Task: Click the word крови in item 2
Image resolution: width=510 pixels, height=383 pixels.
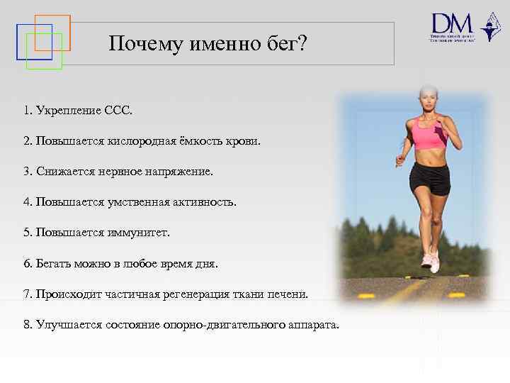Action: (244, 141)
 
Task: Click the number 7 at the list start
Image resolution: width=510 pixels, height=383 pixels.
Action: (26, 294)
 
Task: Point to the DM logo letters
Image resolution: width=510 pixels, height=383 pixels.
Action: (451, 23)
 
